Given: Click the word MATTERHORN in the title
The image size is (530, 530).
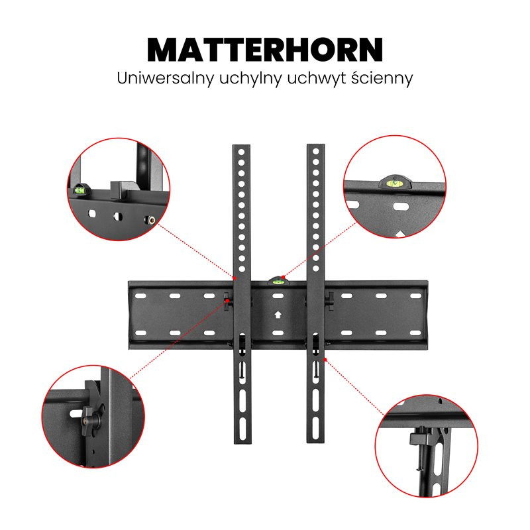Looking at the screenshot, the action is click(265, 49).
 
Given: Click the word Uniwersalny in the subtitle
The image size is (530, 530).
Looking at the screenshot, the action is click(166, 78).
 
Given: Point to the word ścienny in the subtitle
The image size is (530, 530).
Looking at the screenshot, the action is click(382, 78).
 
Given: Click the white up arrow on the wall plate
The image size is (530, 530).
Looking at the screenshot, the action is click(278, 315).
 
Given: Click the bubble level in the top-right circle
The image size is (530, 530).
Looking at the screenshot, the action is click(394, 183).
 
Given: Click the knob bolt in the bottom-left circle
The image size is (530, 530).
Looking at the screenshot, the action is click(89, 417).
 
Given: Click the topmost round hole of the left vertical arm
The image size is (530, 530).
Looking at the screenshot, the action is click(242, 152).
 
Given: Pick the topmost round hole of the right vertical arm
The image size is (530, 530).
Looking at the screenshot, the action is click(316, 152).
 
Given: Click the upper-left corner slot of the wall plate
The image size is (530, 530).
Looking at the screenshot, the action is click(140, 296).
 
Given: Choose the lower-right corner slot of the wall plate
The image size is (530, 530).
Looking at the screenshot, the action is click(415, 333).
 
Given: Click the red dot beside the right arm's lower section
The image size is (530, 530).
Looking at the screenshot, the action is click(325, 360).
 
